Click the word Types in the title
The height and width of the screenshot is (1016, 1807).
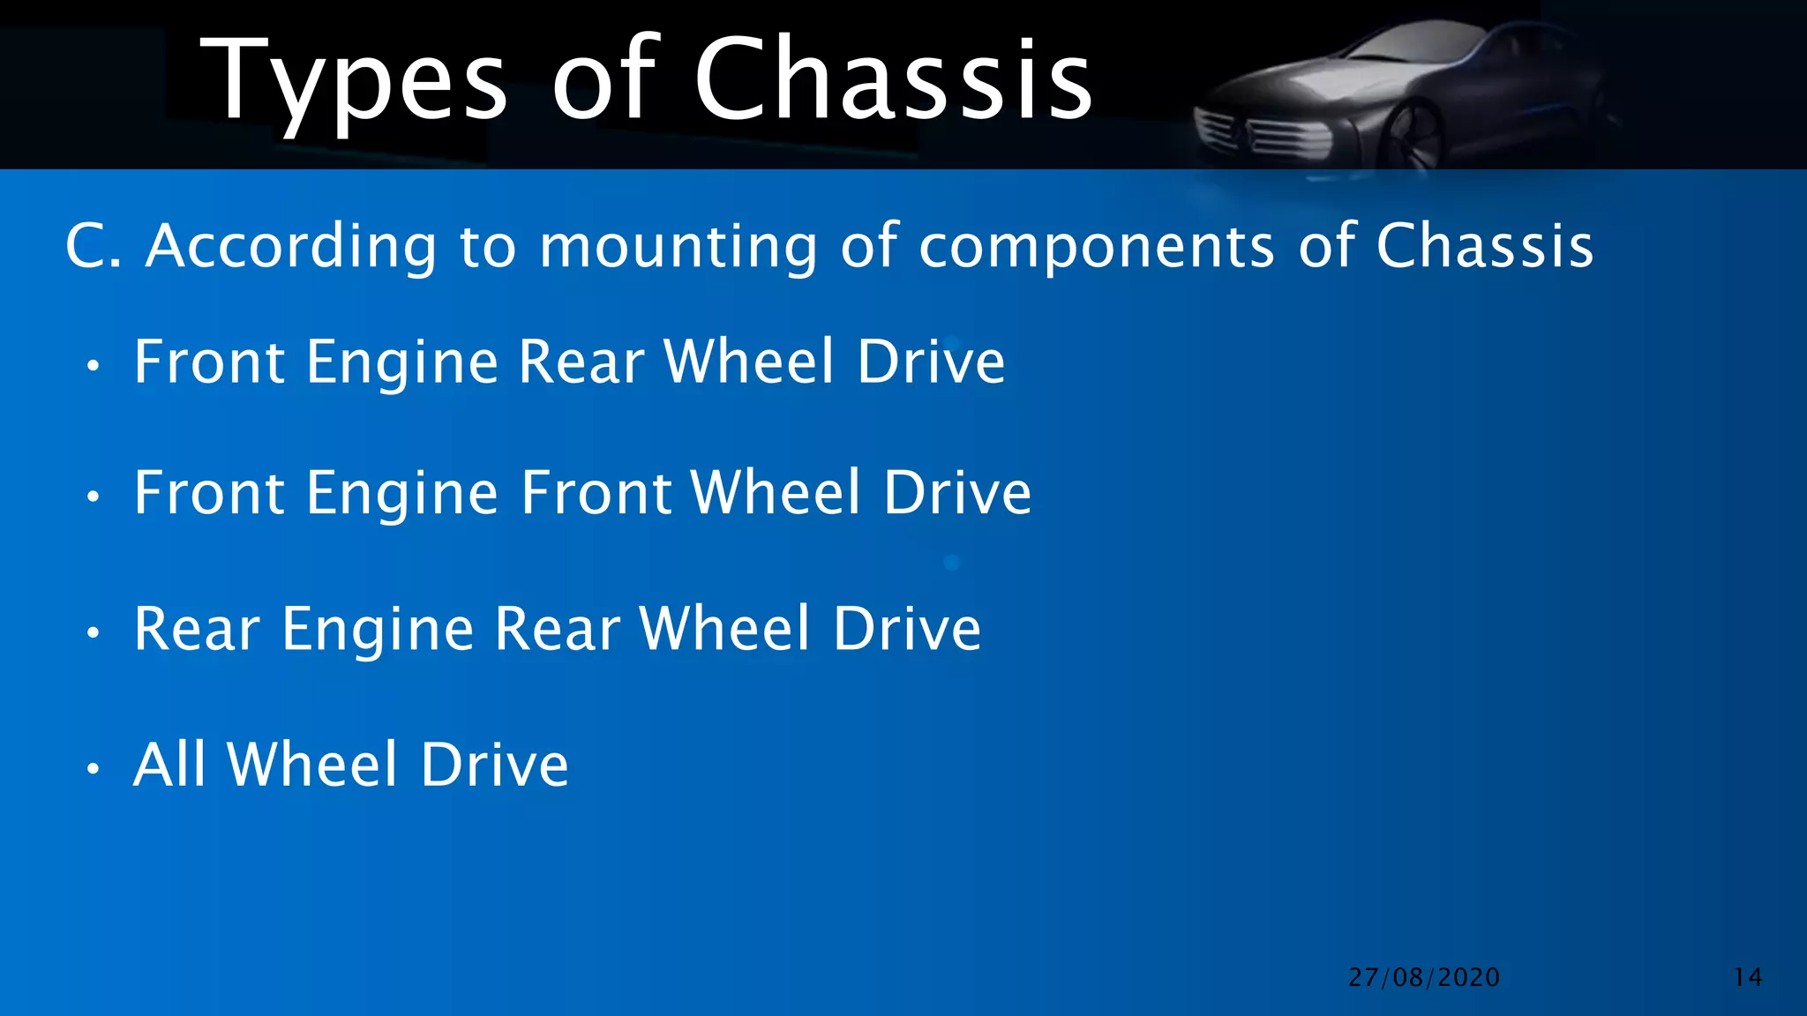point(353,81)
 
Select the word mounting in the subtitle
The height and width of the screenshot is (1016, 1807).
point(678,247)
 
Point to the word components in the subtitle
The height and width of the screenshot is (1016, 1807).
point(1097,247)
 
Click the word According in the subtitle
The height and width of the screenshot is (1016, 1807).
point(291,247)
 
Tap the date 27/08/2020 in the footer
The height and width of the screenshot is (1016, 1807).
point(1424,977)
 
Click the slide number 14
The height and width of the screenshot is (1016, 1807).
point(1748,977)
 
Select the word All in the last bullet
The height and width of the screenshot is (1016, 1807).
point(169,764)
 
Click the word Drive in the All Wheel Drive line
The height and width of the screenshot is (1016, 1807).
point(494,764)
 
